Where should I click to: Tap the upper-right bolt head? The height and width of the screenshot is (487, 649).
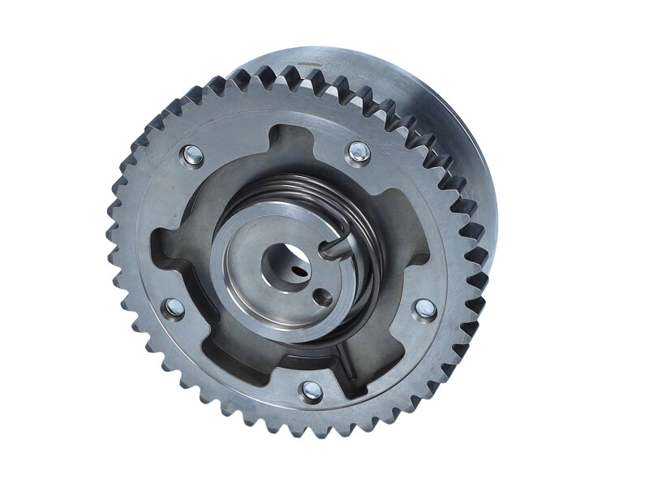point(358,152)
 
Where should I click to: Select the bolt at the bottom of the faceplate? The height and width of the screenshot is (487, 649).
point(311,391)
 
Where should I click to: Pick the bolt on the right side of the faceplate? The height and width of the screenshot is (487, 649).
point(424,308)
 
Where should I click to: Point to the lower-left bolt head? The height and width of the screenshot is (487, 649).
point(174,308)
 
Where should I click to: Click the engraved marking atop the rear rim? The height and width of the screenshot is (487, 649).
point(307,62)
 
